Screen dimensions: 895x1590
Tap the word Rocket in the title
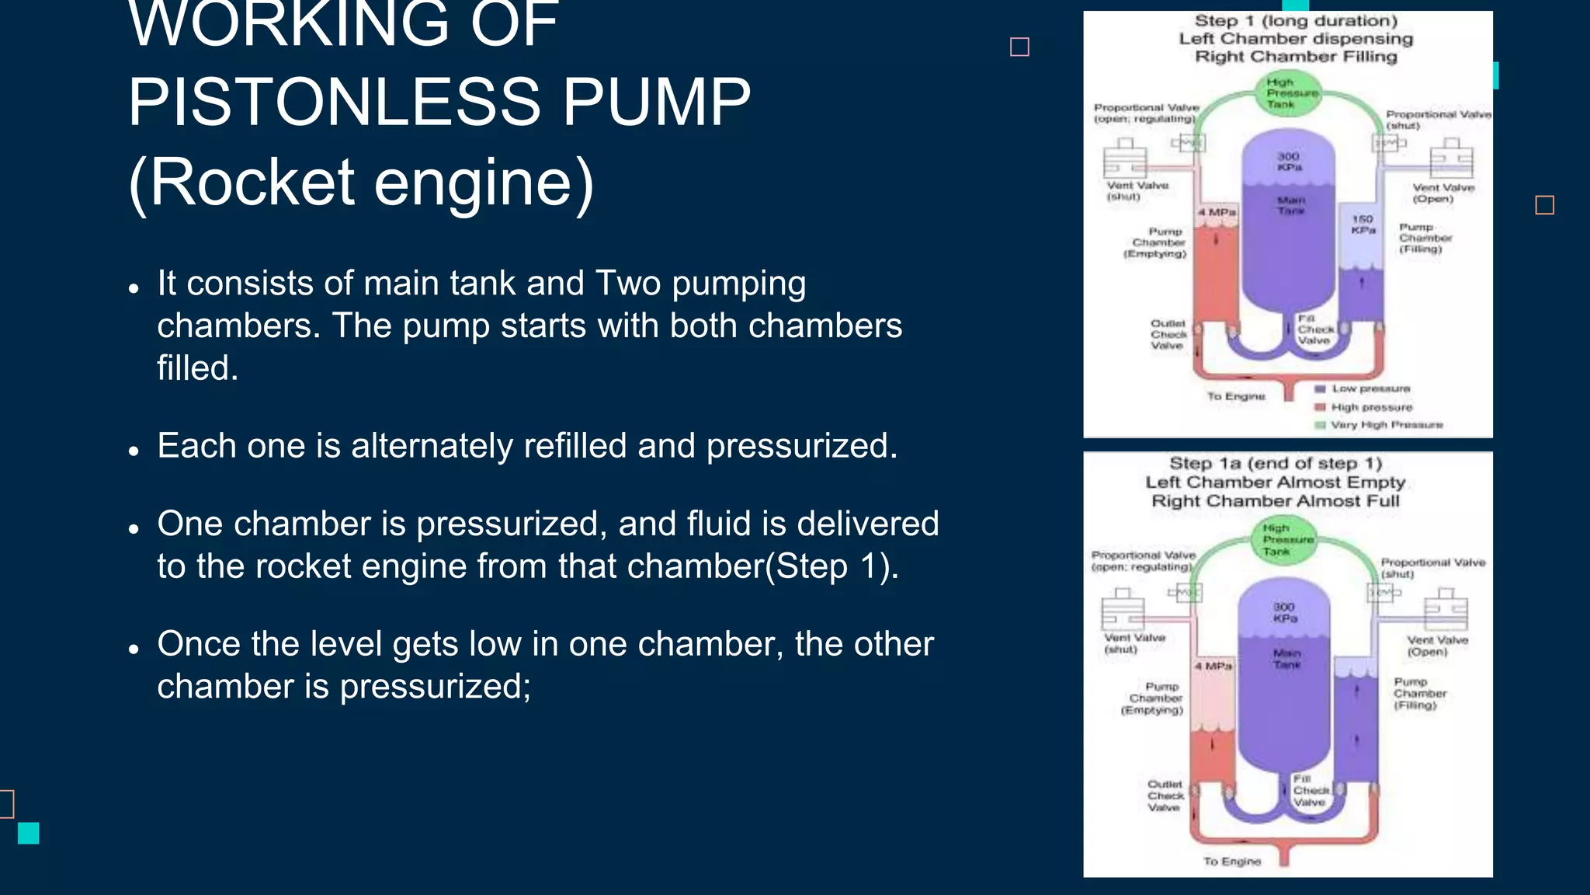252,183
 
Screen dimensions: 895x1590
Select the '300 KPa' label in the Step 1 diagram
1289,162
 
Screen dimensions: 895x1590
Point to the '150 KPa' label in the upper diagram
1363,225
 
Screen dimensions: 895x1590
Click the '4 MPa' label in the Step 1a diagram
1213,666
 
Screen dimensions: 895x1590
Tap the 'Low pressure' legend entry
1370,388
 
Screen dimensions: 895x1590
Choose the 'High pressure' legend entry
1371,407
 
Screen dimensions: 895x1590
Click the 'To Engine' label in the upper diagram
1236,396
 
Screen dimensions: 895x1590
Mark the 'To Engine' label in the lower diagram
1232,861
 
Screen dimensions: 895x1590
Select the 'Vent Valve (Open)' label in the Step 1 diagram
1442,193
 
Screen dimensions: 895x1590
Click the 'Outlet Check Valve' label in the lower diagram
1165,796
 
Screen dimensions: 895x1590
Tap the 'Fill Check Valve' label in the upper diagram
1314,329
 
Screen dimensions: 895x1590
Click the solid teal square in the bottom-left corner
29,833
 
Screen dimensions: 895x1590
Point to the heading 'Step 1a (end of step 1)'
1276,464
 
